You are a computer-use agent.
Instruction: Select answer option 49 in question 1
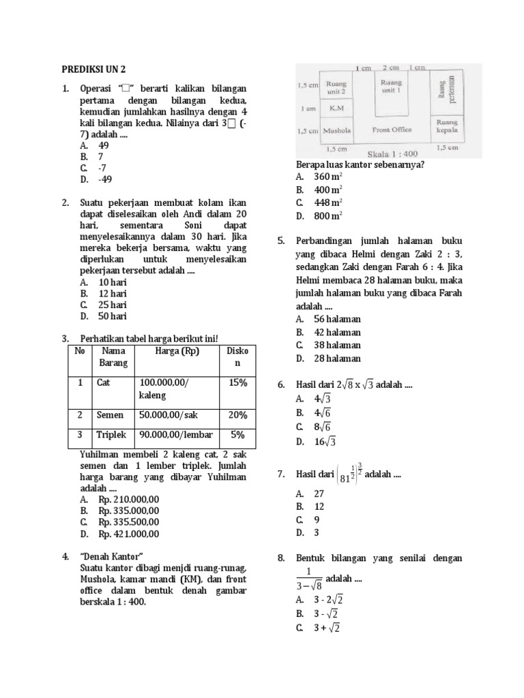click(103, 145)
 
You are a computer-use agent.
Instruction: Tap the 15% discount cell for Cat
click(239, 383)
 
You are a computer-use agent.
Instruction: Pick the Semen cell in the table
click(110, 414)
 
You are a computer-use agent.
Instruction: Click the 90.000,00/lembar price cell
click(177, 434)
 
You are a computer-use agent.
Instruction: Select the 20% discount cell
click(239, 414)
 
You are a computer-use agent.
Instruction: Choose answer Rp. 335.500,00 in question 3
click(128, 521)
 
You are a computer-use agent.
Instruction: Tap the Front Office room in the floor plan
click(392, 128)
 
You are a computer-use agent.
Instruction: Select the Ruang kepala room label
click(447, 125)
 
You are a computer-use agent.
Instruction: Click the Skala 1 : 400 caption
click(392, 153)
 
